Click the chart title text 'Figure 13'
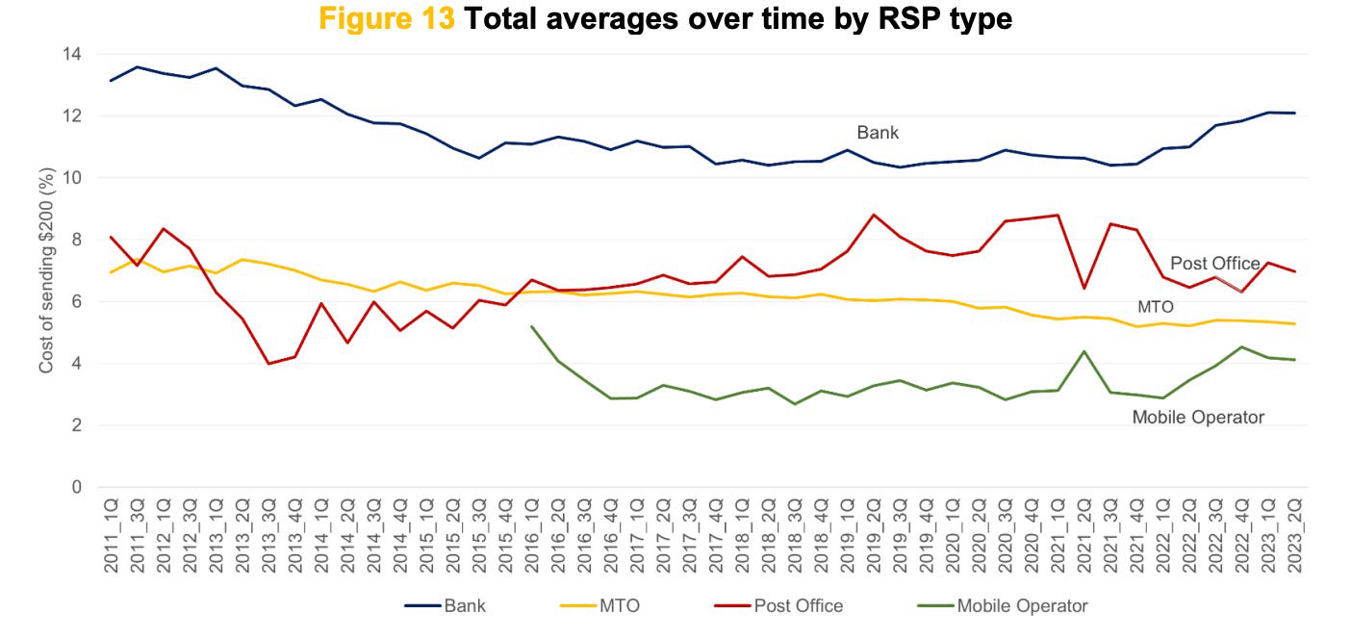pyautogui.click(x=387, y=18)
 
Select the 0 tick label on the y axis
pyautogui.click(x=76, y=488)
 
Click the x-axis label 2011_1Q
pyautogui.click(x=112, y=535)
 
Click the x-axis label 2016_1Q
pyautogui.click(x=532, y=535)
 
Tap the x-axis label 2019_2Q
pyautogui.click(x=873, y=535)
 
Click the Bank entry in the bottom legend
pyautogui.click(x=464, y=606)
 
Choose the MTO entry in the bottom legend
pyautogui.click(x=620, y=606)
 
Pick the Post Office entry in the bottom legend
pyautogui.click(x=798, y=606)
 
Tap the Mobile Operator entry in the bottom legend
pyautogui.click(x=1021, y=606)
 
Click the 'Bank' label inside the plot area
pyautogui.click(x=878, y=133)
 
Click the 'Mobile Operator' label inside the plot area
pyautogui.click(x=1198, y=418)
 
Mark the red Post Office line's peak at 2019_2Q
pyautogui.click(x=873, y=215)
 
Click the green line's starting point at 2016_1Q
pyautogui.click(x=532, y=326)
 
